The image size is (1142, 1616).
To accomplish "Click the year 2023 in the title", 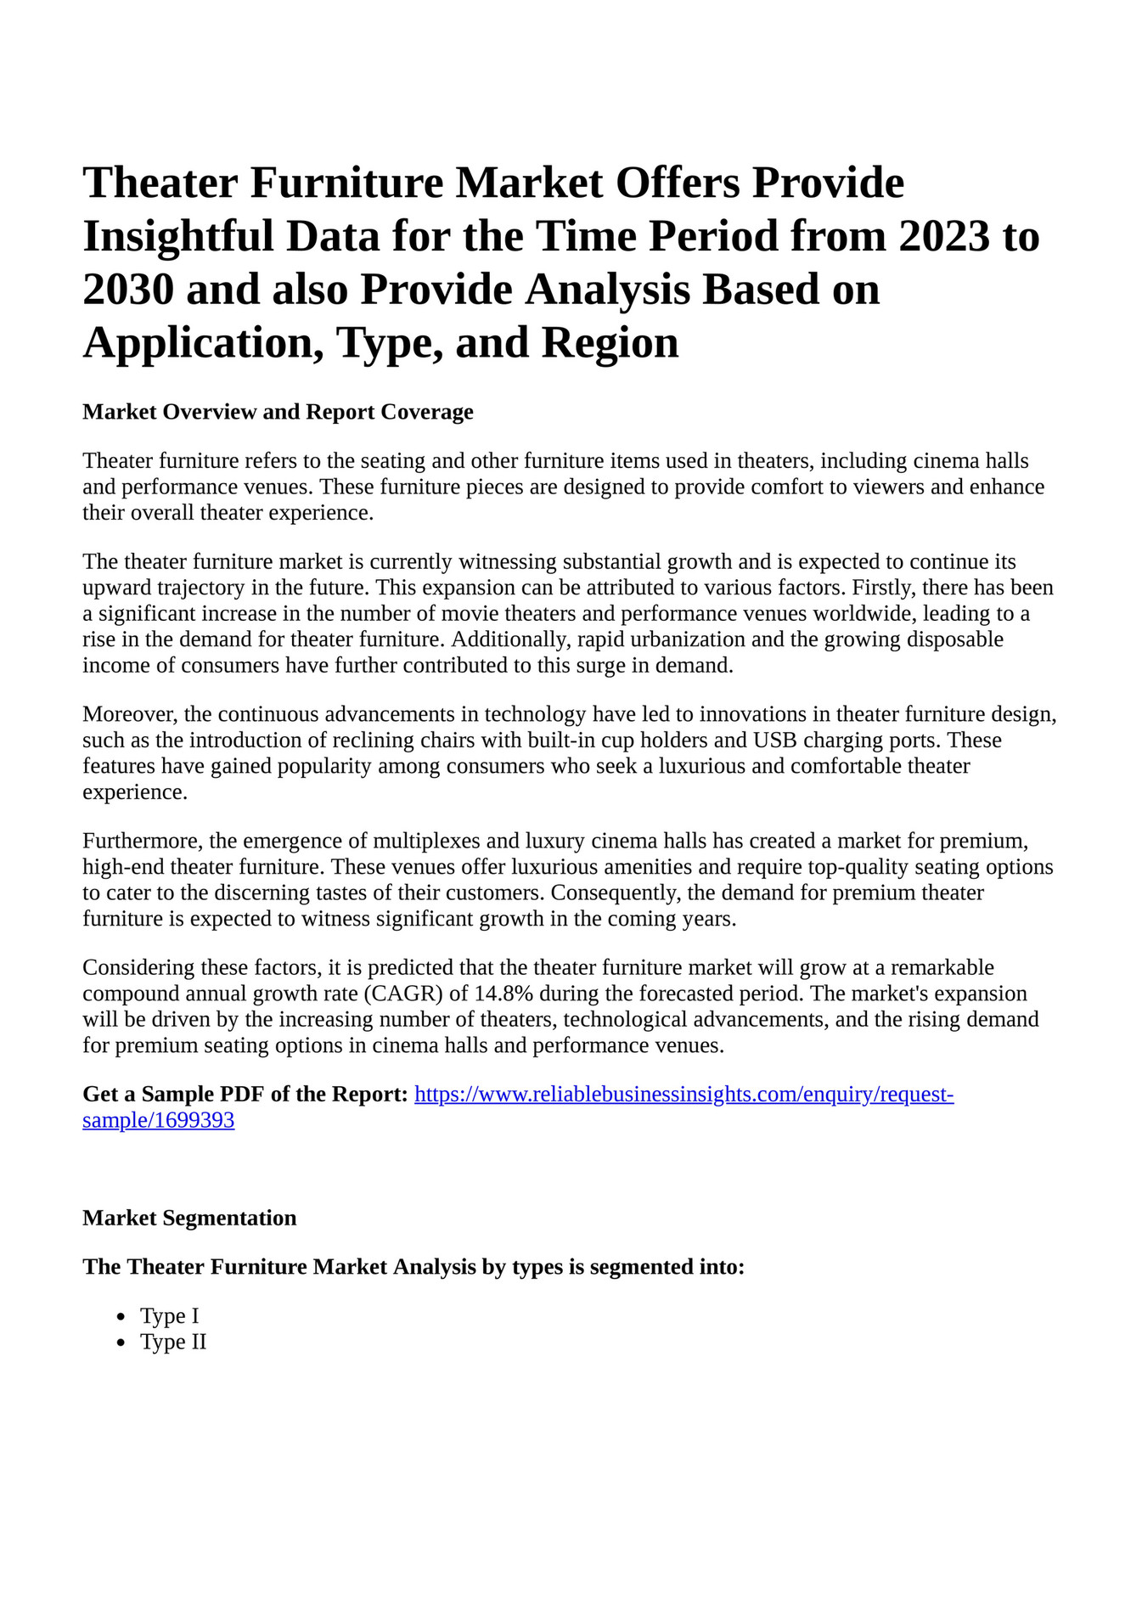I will [943, 236].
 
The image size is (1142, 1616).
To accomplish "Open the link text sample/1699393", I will [158, 1121].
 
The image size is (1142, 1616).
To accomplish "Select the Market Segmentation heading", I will [189, 1218].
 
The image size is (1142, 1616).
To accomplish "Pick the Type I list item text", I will [170, 1316].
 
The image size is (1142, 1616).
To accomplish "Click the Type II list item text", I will [173, 1343].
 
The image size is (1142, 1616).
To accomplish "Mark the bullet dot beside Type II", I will [122, 1343].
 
